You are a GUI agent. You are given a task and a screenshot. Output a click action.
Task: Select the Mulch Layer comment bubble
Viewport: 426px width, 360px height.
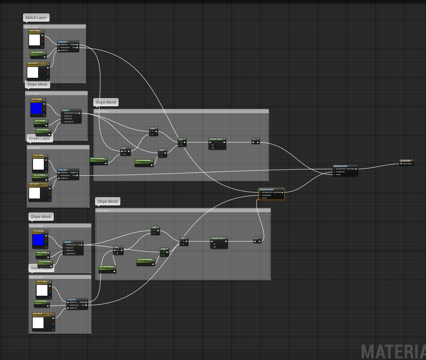(36, 18)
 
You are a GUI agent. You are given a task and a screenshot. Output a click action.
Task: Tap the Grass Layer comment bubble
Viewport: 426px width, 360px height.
(40, 138)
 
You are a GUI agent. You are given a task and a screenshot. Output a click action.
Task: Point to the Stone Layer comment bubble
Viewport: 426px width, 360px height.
(41, 268)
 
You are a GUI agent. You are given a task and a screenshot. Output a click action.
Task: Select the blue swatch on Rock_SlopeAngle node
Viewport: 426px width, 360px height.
(38, 240)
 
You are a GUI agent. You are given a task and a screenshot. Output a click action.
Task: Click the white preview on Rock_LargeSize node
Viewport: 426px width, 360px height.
(38, 323)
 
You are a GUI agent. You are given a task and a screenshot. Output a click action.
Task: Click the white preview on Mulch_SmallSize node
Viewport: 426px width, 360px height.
(34, 40)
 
